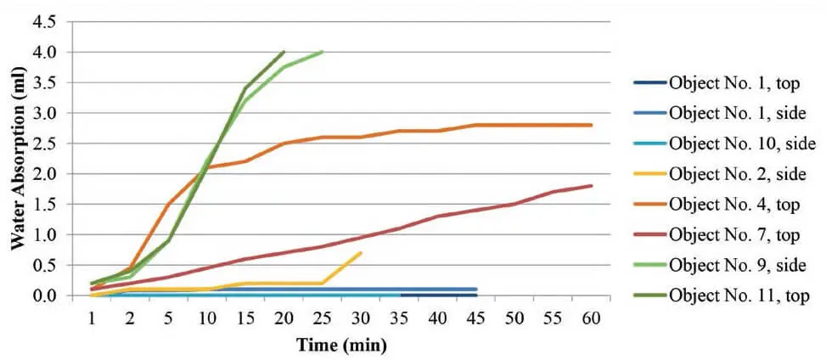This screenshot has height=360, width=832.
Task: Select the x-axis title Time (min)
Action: click(340, 346)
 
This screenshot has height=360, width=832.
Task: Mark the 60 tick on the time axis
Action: click(590, 317)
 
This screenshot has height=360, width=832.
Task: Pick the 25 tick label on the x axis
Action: click(322, 317)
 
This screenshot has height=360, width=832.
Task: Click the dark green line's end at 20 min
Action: click(284, 52)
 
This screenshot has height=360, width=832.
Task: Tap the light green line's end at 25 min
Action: click(323, 52)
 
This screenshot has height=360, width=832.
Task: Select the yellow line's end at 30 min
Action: click(361, 253)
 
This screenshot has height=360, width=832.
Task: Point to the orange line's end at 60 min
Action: click(591, 125)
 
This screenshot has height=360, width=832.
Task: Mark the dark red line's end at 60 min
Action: click(591, 186)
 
